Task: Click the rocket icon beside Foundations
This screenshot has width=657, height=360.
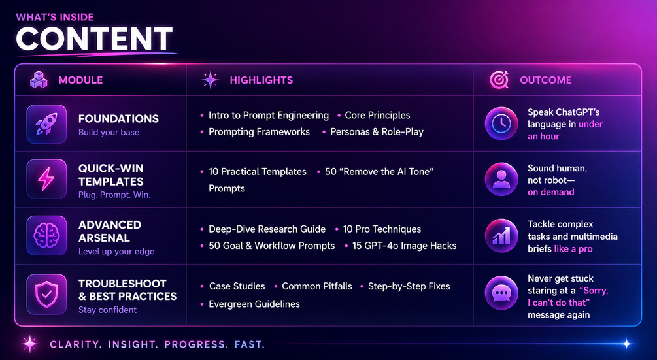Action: [46, 124]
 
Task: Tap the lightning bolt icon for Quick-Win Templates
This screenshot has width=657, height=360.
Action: [46, 179]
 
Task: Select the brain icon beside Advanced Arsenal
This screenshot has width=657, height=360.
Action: [46, 236]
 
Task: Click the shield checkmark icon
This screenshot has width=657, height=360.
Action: [46, 294]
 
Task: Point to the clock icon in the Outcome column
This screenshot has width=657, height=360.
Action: [501, 123]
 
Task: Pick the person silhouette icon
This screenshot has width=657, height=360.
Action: [501, 179]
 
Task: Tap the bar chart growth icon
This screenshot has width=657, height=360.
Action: [501, 236]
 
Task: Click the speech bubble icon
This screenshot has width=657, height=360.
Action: [501, 293]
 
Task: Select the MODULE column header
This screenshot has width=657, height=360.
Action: [80, 80]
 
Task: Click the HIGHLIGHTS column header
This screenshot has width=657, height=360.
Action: [261, 80]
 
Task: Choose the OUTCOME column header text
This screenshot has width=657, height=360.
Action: [546, 80]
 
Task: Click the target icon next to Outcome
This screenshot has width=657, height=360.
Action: [499, 80]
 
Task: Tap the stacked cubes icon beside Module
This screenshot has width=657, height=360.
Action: [39, 80]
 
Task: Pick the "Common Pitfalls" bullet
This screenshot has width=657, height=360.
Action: [317, 286]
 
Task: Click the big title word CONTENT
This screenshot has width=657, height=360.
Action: [94, 39]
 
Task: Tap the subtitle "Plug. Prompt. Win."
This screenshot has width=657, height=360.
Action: [114, 195]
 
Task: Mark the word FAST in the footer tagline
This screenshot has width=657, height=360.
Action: [250, 344]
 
